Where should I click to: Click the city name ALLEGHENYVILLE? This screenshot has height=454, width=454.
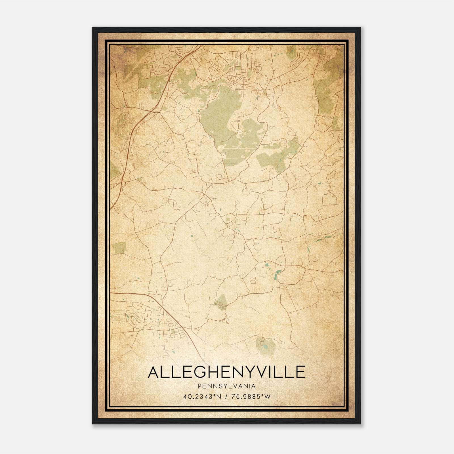coord(226,372)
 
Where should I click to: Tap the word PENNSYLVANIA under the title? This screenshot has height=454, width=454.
coord(227,386)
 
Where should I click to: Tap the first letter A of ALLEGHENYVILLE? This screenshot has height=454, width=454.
coord(154,372)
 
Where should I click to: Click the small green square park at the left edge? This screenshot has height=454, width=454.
coord(119,248)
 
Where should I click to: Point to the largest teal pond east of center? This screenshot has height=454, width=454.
coord(276,275)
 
